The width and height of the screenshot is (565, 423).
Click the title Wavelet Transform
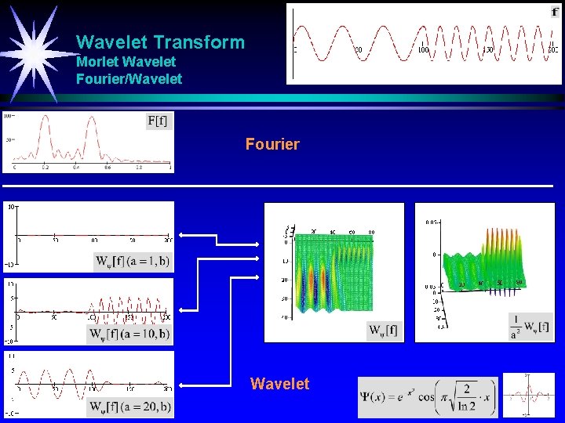coord(160,42)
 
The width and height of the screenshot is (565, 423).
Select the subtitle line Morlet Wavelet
coord(126,61)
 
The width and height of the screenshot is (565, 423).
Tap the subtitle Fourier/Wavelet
coord(129,78)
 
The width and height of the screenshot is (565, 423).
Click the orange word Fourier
coord(272,144)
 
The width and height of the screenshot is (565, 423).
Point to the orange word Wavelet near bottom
coord(279,384)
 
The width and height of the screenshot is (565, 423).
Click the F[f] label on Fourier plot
coord(157,121)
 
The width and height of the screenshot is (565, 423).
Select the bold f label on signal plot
coord(555,12)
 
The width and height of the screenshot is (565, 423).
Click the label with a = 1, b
coord(132,261)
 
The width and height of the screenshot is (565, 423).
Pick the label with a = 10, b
coord(129,334)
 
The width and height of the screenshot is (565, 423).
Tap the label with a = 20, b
coord(129,407)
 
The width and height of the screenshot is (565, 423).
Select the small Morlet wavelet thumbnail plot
coord(527,397)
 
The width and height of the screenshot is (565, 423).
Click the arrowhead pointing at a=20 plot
coord(181,385)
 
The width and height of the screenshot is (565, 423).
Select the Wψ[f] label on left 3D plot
coord(382,331)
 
